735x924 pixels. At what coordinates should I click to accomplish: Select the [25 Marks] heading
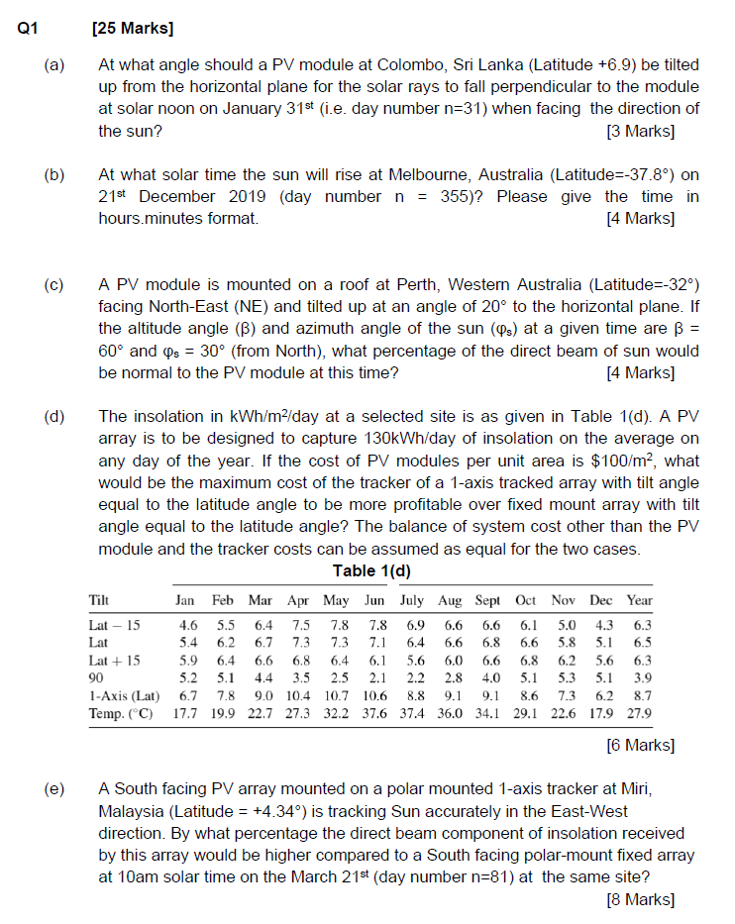click(132, 29)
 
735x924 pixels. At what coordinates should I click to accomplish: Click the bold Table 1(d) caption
click(371, 570)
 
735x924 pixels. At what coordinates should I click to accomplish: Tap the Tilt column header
click(99, 601)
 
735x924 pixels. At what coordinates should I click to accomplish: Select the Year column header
click(640, 601)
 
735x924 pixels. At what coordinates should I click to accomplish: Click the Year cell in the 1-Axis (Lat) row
click(641, 697)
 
